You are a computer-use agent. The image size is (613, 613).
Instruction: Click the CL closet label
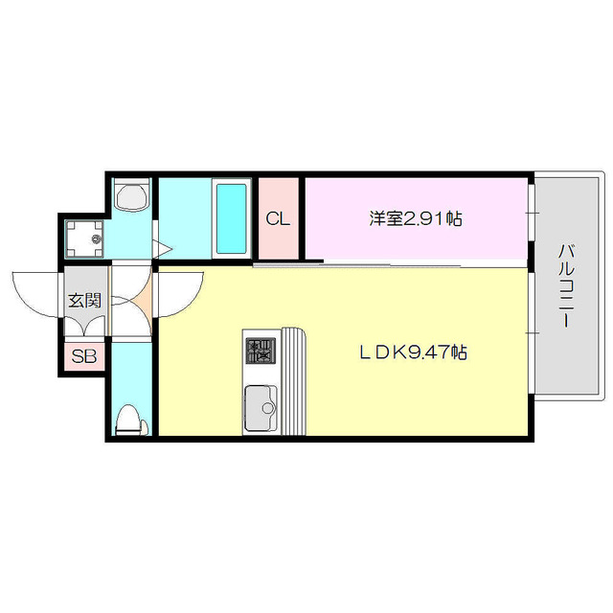tap(278, 219)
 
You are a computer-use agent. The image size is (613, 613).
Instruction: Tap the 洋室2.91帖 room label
tap(416, 218)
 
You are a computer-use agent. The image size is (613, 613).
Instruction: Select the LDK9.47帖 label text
tap(413, 352)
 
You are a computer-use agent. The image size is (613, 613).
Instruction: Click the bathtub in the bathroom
tap(231, 217)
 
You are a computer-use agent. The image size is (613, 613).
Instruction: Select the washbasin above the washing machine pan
tap(130, 198)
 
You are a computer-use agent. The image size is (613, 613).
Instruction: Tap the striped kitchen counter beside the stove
tap(293, 381)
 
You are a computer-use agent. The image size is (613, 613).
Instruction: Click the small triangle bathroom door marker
tap(164, 249)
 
